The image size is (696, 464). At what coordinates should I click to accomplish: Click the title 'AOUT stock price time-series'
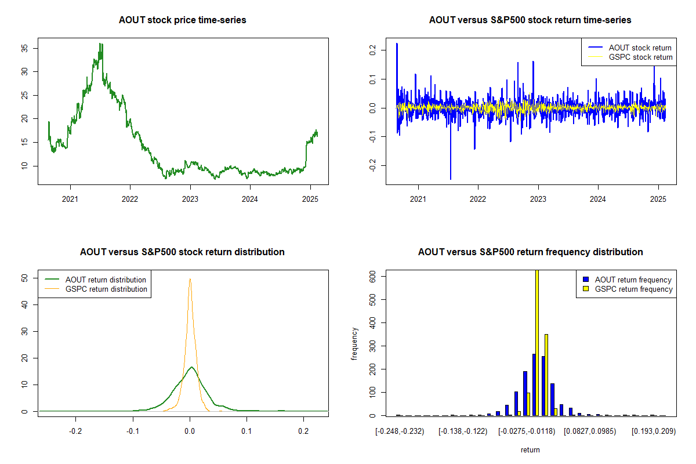(183, 20)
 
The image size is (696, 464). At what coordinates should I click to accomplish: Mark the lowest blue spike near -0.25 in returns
(450, 179)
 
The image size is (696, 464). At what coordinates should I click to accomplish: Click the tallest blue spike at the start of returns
(397, 43)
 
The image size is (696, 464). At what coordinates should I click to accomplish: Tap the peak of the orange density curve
(190, 279)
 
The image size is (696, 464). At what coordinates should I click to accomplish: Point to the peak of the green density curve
(191, 367)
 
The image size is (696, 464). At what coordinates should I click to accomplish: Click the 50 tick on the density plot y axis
(24, 278)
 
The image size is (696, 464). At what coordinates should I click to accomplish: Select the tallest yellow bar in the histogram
(537, 342)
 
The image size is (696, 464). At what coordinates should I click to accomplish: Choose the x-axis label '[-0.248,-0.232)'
(400, 432)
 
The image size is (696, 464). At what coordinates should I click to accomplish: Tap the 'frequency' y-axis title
(354, 343)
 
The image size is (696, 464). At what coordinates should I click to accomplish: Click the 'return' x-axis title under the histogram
(530, 449)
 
